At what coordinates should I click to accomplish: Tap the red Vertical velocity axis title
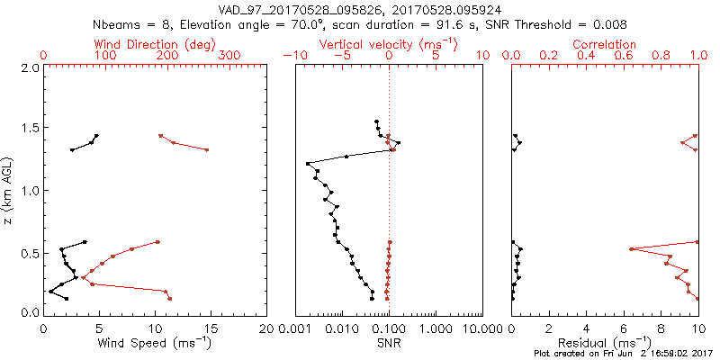[x=388, y=43]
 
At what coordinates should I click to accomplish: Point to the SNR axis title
[x=389, y=343]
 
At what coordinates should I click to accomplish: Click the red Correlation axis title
[x=605, y=43]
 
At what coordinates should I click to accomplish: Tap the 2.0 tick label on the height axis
[x=29, y=67]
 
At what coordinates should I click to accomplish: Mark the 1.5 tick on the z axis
[x=29, y=129]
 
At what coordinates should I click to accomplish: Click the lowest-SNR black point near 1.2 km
[x=308, y=164]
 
